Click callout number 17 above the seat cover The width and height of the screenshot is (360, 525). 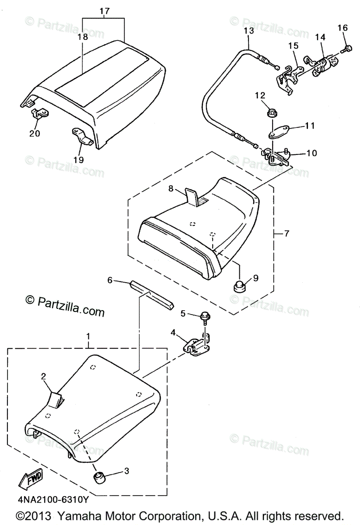[104, 10]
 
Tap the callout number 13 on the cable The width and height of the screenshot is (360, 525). [248, 31]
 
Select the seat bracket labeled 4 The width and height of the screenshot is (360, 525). [197, 346]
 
